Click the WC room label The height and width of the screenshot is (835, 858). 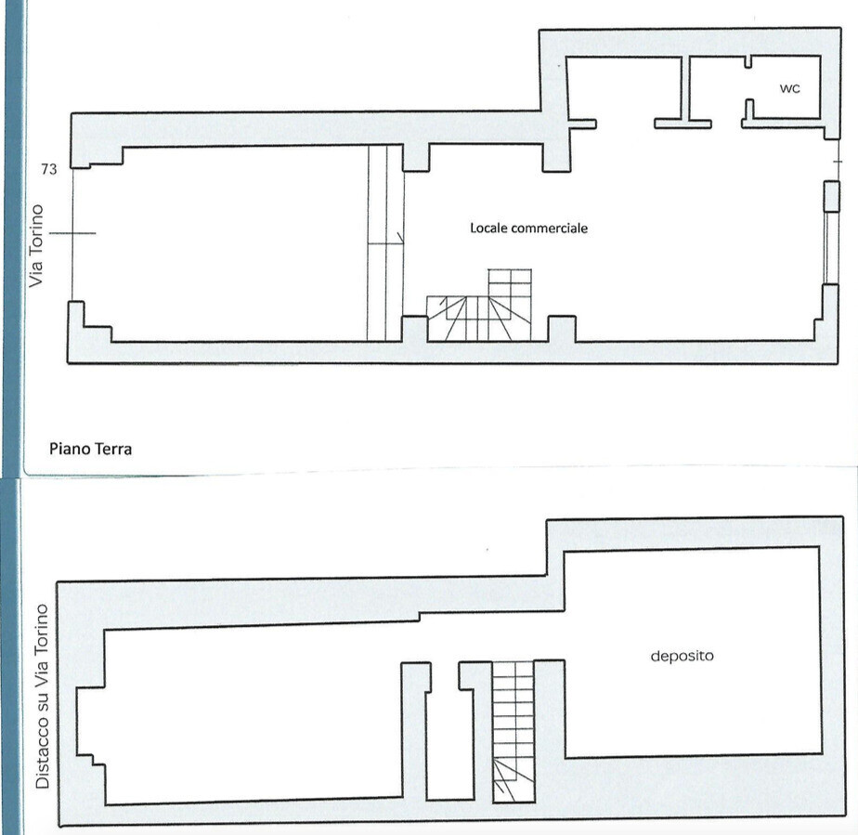(789, 88)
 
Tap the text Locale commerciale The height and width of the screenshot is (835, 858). (528, 228)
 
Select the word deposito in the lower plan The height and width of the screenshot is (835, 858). (682, 656)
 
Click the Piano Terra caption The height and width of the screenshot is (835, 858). (90, 450)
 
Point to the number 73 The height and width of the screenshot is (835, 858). (48, 170)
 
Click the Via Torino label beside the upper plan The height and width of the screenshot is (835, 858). (36, 246)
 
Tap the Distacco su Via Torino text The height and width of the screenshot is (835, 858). (42, 696)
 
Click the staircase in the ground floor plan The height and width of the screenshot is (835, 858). (479, 305)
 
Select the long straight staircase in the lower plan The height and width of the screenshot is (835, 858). (513, 732)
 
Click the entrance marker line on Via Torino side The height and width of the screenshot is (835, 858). (72, 234)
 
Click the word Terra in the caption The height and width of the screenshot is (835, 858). (114, 450)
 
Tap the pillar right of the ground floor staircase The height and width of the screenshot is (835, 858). (562, 329)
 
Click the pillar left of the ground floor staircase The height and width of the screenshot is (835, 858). (415, 329)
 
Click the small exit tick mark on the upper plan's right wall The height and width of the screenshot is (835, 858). (838, 162)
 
